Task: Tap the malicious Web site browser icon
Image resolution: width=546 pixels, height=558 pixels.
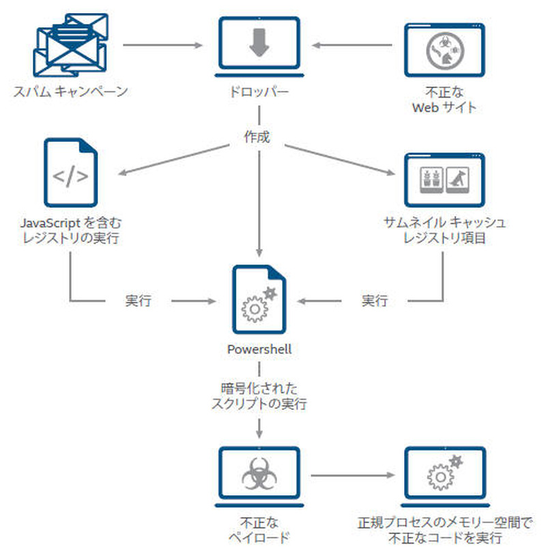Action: [444, 49]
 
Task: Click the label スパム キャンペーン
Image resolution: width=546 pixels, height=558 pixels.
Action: [70, 92]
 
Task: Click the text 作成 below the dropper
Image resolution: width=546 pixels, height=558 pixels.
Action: [257, 137]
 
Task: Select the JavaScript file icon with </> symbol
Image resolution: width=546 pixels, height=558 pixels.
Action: [70, 173]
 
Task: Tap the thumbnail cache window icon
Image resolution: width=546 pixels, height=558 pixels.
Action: [444, 179]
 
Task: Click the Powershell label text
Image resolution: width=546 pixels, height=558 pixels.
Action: [259, 349]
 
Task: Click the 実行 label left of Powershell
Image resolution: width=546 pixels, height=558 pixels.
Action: [139, 300]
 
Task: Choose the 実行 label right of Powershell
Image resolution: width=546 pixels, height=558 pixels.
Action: [374, 300]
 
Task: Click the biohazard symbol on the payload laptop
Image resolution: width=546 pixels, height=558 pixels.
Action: [259, 473]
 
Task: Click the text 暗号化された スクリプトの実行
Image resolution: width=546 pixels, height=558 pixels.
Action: [259, 396]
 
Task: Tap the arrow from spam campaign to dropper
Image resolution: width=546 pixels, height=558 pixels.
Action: [164, 46]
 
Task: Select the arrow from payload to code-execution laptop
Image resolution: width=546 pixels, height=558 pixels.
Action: [352, 474]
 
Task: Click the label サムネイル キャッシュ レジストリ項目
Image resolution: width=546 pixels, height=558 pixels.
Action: [444, 230]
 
